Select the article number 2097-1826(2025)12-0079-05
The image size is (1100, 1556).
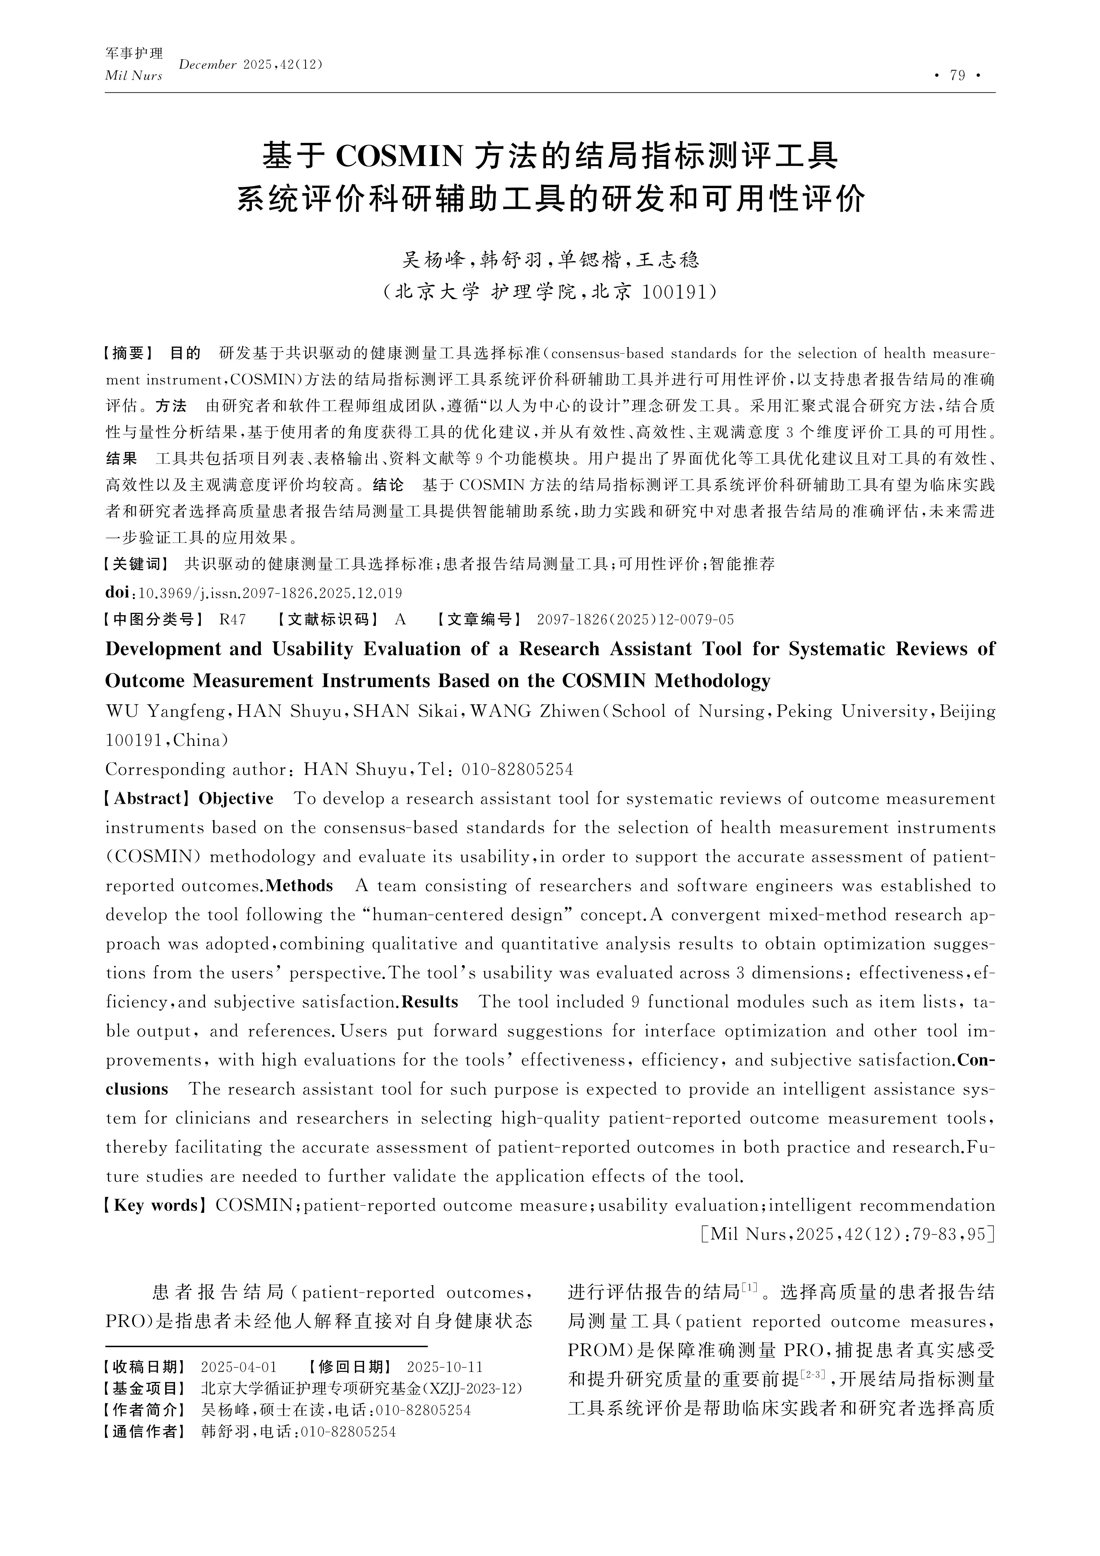(x=635, y=619)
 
